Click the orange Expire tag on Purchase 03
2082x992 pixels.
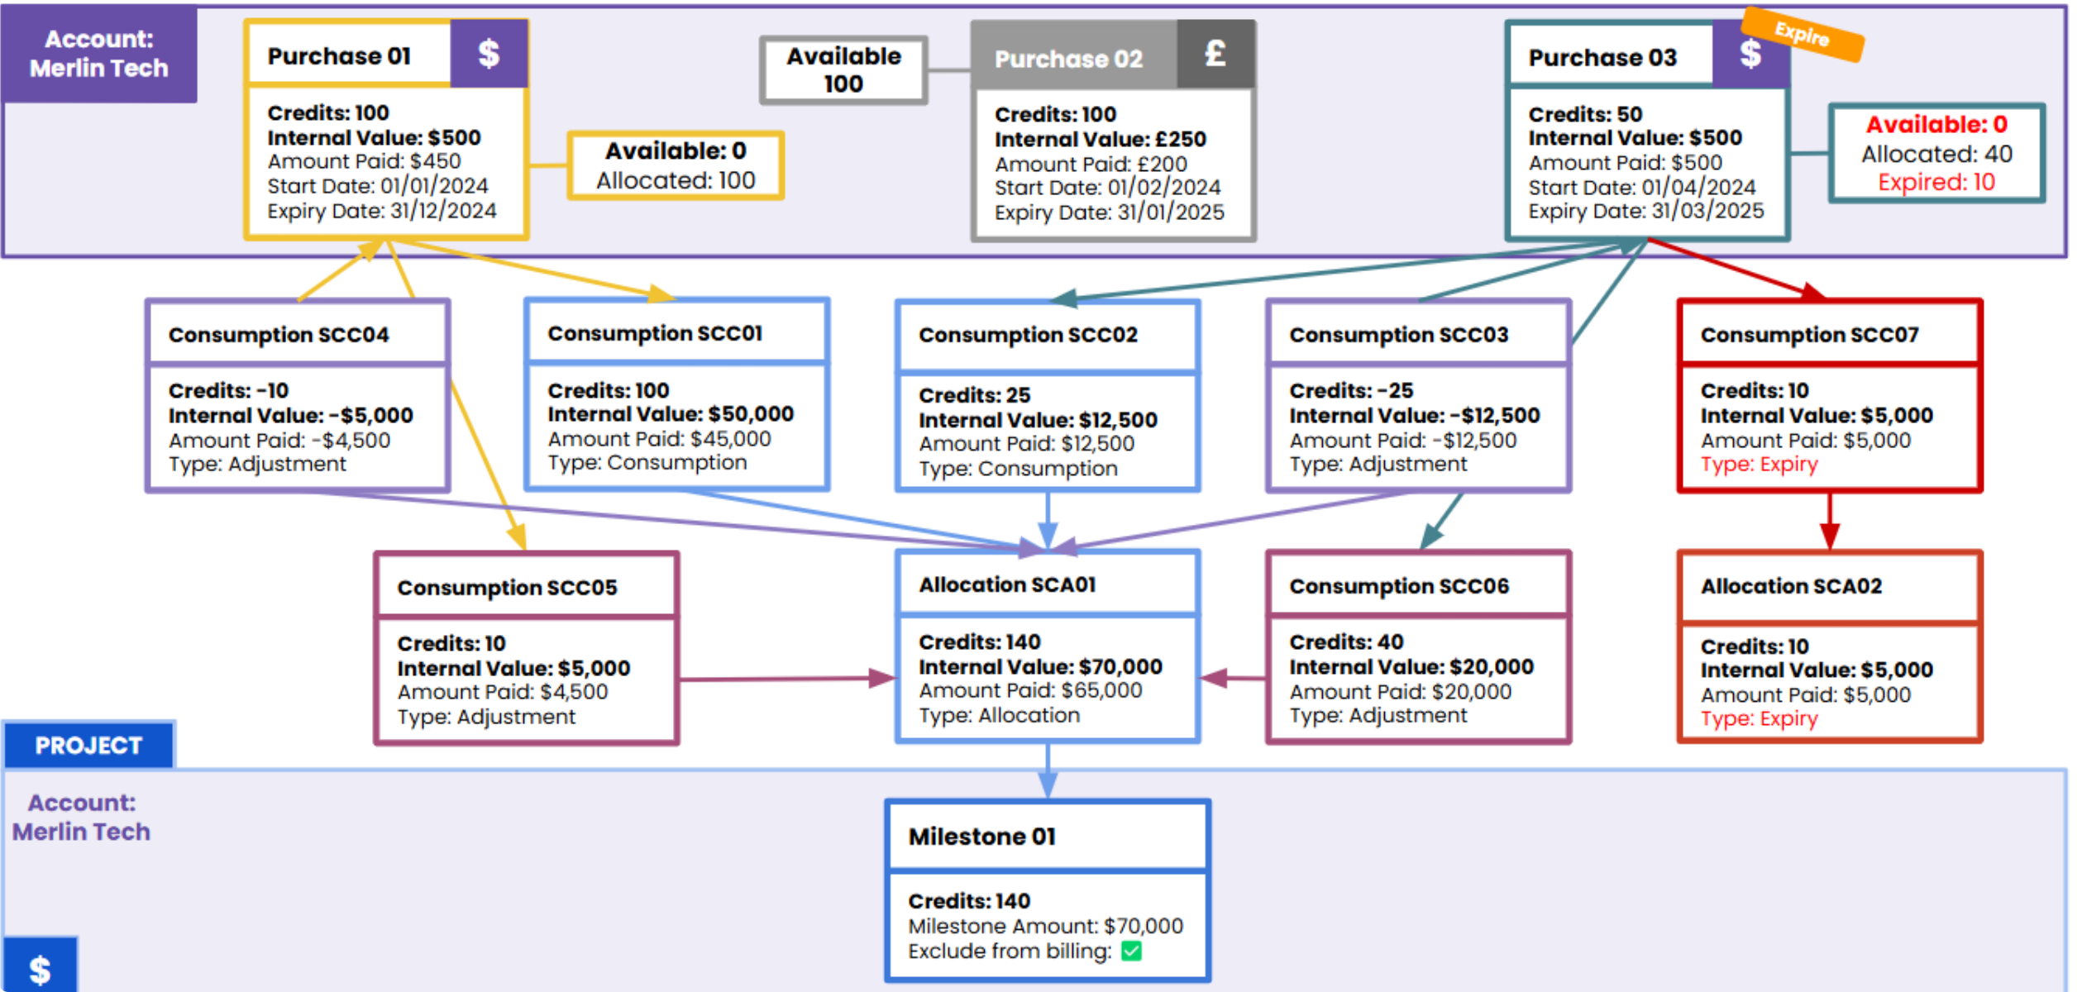pyautogui.click(x=1803, y=35)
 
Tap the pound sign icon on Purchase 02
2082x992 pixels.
pyautogui.click(x=1215, y=55)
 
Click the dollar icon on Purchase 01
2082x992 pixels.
pyautogui.click(x=489, y=55)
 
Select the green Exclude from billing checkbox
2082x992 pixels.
pyautogui.click(x=1131, y=951)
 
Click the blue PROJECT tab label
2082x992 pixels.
pyautogui.click(x=88, y=746)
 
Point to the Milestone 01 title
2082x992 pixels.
pyautogui.click(x=981, y=837)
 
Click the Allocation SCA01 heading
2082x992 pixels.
pyautogui.click(x=1007, y=585)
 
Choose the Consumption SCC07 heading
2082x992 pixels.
pyautogui.click(x=1809, y=335)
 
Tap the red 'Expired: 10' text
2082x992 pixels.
pyautogui.click(x=1936, y=183)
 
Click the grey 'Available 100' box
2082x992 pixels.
pyautogui.click(x=843, y=70)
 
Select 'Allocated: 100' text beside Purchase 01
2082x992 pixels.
pyautogui.click(x=676, y=180)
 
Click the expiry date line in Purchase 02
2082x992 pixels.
pyautogui.click(x=1109, y=213)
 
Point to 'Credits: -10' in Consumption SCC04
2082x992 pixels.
pyautogui.click(x=228, y=390)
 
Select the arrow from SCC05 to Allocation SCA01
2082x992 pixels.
pyautogui.click(x=786, y=679)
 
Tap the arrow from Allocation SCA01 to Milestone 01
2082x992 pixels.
pyautogui.click(x=1048, y=770)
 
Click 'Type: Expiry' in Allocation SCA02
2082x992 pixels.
pyautogui.click(x=1759, y=719)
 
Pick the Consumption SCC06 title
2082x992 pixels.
pyautogui.click(x=1399, y=587)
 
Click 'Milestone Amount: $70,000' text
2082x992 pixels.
pyautogui.click(x=1045, y=927)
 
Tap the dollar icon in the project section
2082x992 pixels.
pyautogui.click(x=40, y=967)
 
